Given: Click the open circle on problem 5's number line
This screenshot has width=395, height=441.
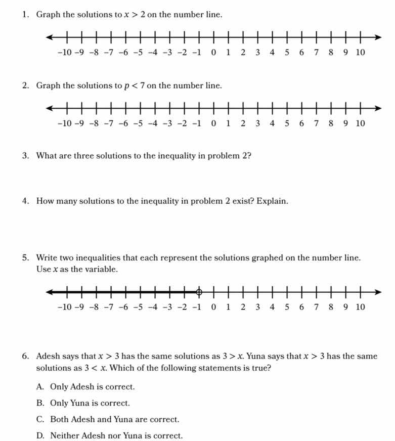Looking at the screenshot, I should pyautogui.click(x=199, y=292).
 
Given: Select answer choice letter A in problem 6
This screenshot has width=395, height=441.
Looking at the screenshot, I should pyautogui.click(x=40, y=387).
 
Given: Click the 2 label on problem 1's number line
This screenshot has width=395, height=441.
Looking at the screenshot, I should pyautogui.click(x=243, y=52).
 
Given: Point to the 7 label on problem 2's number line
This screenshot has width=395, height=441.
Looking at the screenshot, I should pyautogui.click(x=316, y=123).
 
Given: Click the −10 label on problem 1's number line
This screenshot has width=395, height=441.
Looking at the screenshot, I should pyautogui.click(x=64, y=52).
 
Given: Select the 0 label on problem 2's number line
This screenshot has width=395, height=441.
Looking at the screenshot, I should pyautogui.click(x=213, y=123).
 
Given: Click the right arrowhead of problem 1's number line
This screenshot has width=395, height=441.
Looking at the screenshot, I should pyautogui.click(x=378, y=37).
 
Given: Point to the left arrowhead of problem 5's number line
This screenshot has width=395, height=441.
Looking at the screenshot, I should pyautogui.click(x=49, y=292).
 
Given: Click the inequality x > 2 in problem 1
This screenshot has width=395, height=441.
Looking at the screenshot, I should pyautogui.click(x=135, y=15).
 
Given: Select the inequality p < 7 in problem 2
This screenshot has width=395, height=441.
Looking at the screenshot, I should pyautogui.click(x=135, y=85).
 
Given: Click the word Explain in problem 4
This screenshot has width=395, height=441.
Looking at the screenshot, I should pyautogui.click(x=272, y=201).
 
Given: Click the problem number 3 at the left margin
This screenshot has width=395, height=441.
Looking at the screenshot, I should pyautogui.click(x=25, y=156).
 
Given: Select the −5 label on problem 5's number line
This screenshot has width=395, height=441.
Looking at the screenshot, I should pyautogui.click(x=139, y=306).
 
